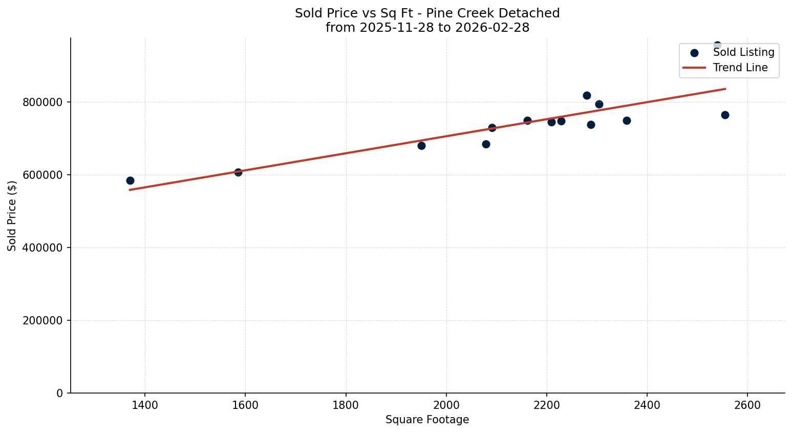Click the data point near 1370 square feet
click(130, 180)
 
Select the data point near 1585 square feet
click(238, 172)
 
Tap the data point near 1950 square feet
click(421, 146)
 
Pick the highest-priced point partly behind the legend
click(717, 45)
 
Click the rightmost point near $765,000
click(725, 115)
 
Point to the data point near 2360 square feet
click(627, 120)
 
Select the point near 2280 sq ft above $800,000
click(587, 95)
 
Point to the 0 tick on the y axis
click(60, 393)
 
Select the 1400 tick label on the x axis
click(145, 405)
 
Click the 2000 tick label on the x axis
click(446, 405)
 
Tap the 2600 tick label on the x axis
click(747, 405)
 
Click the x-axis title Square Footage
click(427, 420)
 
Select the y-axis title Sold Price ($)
click(12, 216)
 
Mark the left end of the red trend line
click(130, 190)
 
